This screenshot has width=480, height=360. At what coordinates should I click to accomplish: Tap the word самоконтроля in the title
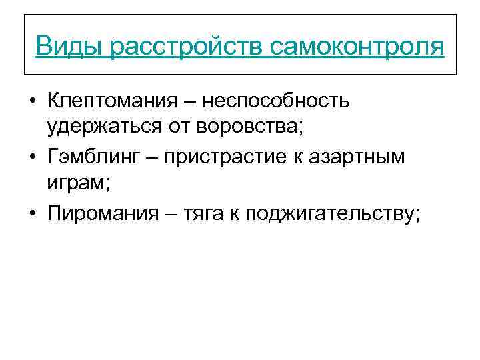click(x=357, y=47)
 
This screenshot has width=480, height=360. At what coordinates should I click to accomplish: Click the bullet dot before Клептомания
click(x=32, y=103)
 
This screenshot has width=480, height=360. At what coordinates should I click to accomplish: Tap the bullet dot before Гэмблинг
click(x=32, y=158)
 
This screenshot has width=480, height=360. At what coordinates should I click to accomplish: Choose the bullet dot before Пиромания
click(x=32, y=214)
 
